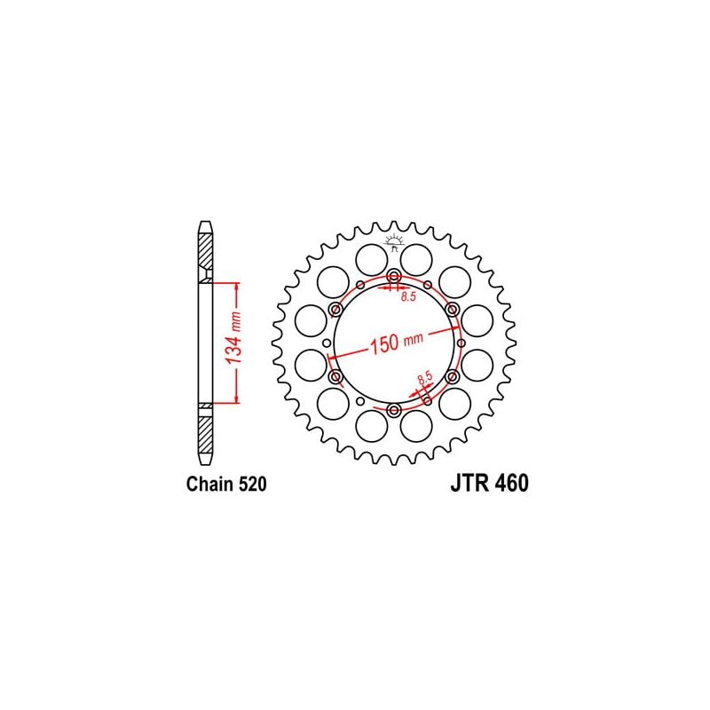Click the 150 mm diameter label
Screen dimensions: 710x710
pos(397,342)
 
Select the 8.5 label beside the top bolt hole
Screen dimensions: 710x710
pos(408,298)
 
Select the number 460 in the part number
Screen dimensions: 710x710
pos(509,485)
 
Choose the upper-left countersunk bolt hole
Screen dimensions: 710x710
pos(336,310)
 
